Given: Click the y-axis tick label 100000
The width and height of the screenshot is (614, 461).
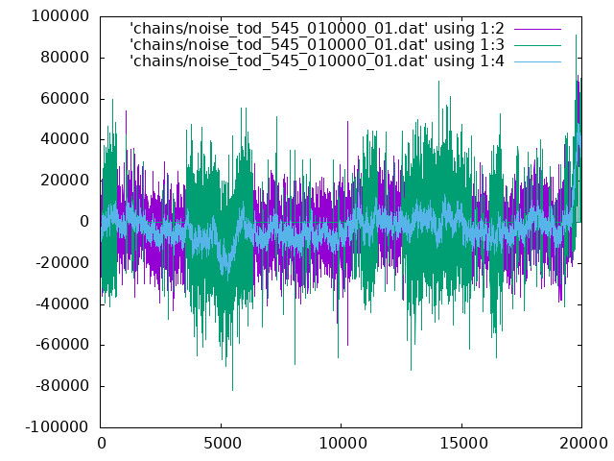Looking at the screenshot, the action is (60, 16).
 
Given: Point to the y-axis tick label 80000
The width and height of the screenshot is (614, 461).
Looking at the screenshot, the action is (65, 58).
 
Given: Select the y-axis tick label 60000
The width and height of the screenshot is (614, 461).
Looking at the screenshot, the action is (65, 98).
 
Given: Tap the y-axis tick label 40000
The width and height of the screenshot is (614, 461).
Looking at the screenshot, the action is (65, 139).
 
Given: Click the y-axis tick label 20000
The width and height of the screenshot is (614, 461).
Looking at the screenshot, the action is (65, 181).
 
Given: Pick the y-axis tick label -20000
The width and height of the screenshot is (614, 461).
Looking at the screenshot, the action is (62, 263).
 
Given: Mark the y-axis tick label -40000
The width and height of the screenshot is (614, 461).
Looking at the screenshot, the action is (62, 304).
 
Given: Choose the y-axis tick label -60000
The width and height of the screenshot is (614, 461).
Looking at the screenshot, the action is (62, 345).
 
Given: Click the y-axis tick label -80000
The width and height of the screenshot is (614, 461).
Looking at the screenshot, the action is (62, 386).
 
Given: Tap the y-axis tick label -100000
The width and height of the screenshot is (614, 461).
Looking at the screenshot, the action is (58, 426).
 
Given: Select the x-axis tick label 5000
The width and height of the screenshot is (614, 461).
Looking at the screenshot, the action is (223, 444).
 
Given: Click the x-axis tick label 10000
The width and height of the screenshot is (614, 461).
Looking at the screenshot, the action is (343, 444).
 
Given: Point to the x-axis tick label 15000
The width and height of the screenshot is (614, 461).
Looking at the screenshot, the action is (463, 444).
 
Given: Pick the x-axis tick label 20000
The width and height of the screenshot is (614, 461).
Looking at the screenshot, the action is (583, 444).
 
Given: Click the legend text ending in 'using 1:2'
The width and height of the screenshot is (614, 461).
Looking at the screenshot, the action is (318, 29).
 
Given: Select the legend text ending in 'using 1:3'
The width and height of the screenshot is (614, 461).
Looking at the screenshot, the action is (318, 45).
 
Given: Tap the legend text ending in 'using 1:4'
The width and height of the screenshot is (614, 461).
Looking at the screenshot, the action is (318, 61).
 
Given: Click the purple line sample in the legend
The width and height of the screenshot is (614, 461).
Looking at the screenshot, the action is (537, 29).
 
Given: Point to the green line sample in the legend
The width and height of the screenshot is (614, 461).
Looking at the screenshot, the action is (537, 45).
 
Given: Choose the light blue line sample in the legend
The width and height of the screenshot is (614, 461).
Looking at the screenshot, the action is (537, 61).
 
